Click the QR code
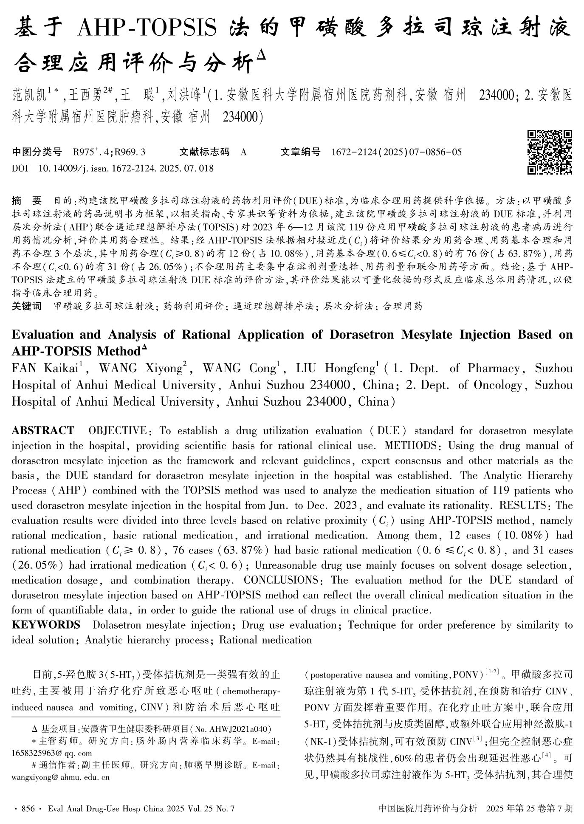click(550, 152)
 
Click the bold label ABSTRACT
click(42, 431)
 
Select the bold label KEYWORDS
click(46, 625)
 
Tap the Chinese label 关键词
click(26, 306)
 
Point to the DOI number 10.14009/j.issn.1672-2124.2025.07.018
click(126, 168)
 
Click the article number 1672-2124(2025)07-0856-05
click(396, 152)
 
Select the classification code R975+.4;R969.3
click(109, 152)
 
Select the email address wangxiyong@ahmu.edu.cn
click(60, 777)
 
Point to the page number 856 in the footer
click(28, 808)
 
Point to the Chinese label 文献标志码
click(204, 152)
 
